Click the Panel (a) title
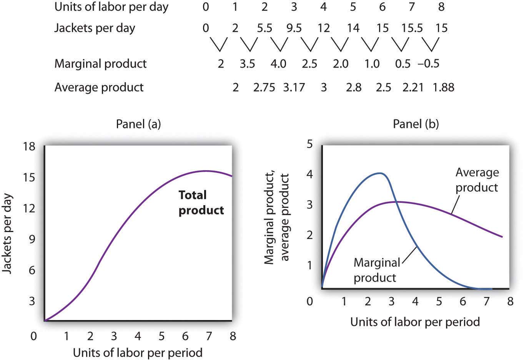coord(138,124)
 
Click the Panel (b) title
coord(416,124)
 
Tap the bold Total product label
coord(201,202)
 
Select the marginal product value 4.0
coord(278,63)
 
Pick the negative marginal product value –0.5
coord(429,63)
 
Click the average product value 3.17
coord(294,87)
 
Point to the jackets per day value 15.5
coord(412,28)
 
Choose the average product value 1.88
coord(443,87)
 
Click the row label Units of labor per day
coord(111,7)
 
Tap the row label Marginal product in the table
coord(100,63)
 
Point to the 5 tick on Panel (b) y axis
coord(309,144)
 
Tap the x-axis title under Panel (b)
coord(415,322)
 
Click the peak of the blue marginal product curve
coord(380,173)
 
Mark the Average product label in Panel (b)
coord(477,180)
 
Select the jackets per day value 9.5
coord(294,28)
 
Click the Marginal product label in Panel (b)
coord(376,270)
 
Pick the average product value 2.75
coord(264,87)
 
